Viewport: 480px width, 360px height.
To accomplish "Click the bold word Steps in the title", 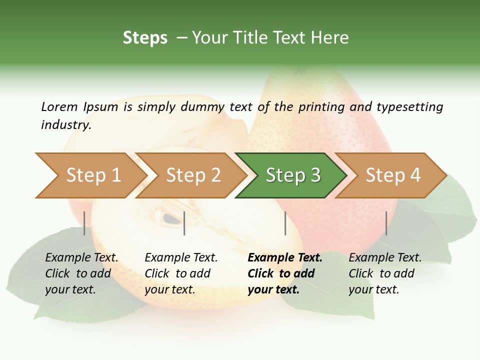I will click(x=145, y=38).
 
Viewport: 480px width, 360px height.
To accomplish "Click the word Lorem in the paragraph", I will click(x=59, y=107).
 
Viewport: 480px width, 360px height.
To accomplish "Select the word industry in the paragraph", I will click(x=66, y=125).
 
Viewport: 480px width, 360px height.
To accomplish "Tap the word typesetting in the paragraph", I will click(x=409, y=107).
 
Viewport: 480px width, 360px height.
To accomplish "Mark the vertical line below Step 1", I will click(x=84, y=223).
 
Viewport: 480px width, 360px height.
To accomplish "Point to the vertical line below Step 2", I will click(x=184, y=223).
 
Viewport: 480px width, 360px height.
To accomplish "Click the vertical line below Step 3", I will click(x=285, y=223).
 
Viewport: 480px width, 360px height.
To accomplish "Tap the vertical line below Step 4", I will click(x=386, y=223).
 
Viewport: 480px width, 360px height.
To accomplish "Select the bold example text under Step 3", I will click(x=284, y=273).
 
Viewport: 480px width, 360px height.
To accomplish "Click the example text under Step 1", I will click(x=81, y=273).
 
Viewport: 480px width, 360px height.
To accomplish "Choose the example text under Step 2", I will click(x=180, y=273).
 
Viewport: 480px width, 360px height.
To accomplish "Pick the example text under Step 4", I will click(x=384, y=273).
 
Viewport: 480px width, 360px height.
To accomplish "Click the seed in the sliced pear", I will click(x=171, y=218).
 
